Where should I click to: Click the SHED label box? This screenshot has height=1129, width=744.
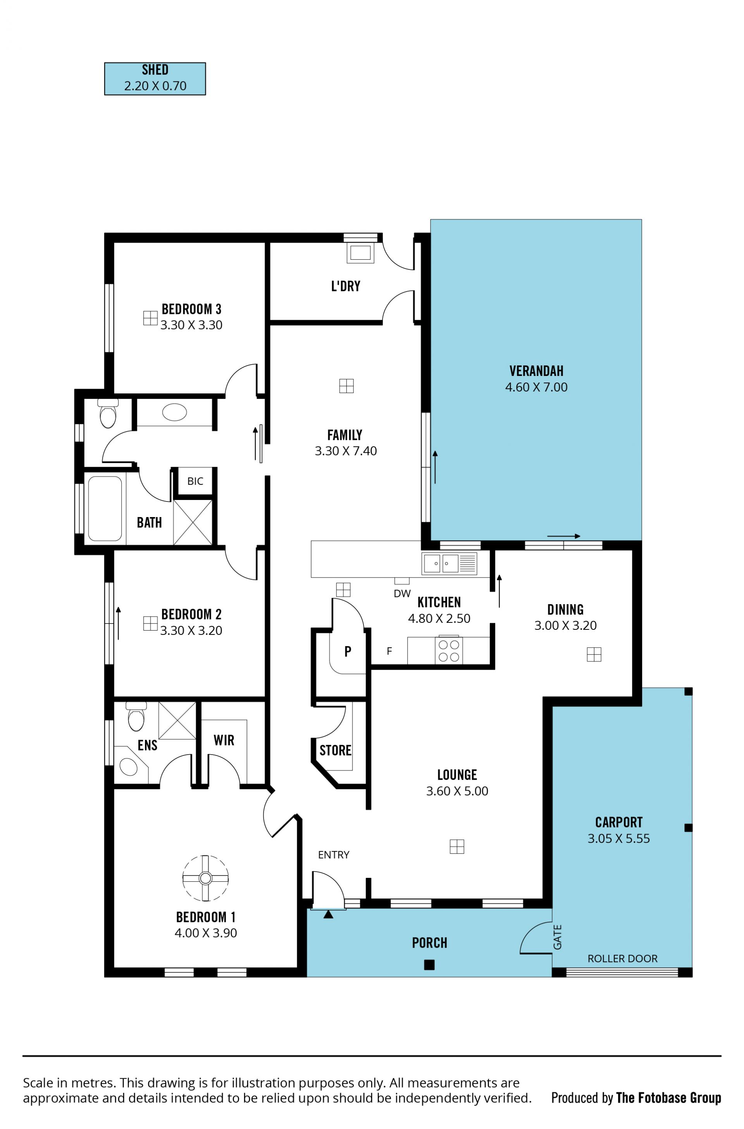(x=155, y=79)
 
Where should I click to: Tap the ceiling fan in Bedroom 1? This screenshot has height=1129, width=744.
(x=205, y=878)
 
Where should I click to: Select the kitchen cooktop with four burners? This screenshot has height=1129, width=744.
(x=449, y=651)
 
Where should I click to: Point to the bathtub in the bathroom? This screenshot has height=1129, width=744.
(x=105, y=509)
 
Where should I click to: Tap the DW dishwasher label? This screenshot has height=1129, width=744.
(x=402, y=594)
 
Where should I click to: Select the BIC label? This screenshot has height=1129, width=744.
(x=195, y=481)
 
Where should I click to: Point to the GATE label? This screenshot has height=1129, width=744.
(x=558, y=937)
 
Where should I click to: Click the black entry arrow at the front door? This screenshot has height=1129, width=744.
(x=328, y=915)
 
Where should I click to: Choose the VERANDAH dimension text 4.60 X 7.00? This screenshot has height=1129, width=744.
(x=536, y=387)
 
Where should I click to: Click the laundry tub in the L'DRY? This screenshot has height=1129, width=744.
(x=361, y=252)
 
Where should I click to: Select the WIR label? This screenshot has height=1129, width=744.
(x=224, y=740)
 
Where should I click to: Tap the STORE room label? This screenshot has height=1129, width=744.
(x=336, y=750)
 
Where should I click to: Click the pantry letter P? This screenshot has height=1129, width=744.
(x=348, y=652)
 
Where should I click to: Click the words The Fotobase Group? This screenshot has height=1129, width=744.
(x=668, y=1098)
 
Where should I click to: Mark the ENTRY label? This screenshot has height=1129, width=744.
(x=334, y=855)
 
